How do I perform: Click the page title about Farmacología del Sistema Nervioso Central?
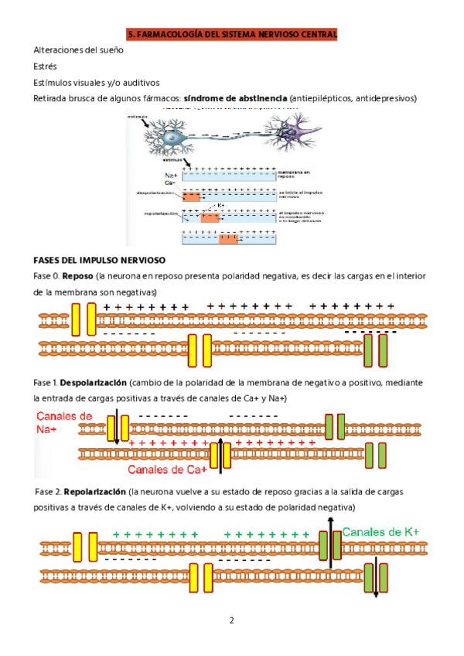click(x=232, y=34)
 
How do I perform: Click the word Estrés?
click(x=45, y=67)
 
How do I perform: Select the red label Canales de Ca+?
click(x=166, y=470)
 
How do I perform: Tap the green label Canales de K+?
click(x=380, y=532)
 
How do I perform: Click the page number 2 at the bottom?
click(x=230, y=620)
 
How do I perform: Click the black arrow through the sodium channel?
click(x=117, y=429)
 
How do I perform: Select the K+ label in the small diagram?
click(x=220, y=205)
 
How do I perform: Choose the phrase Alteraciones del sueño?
click(x=78, y=50)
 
